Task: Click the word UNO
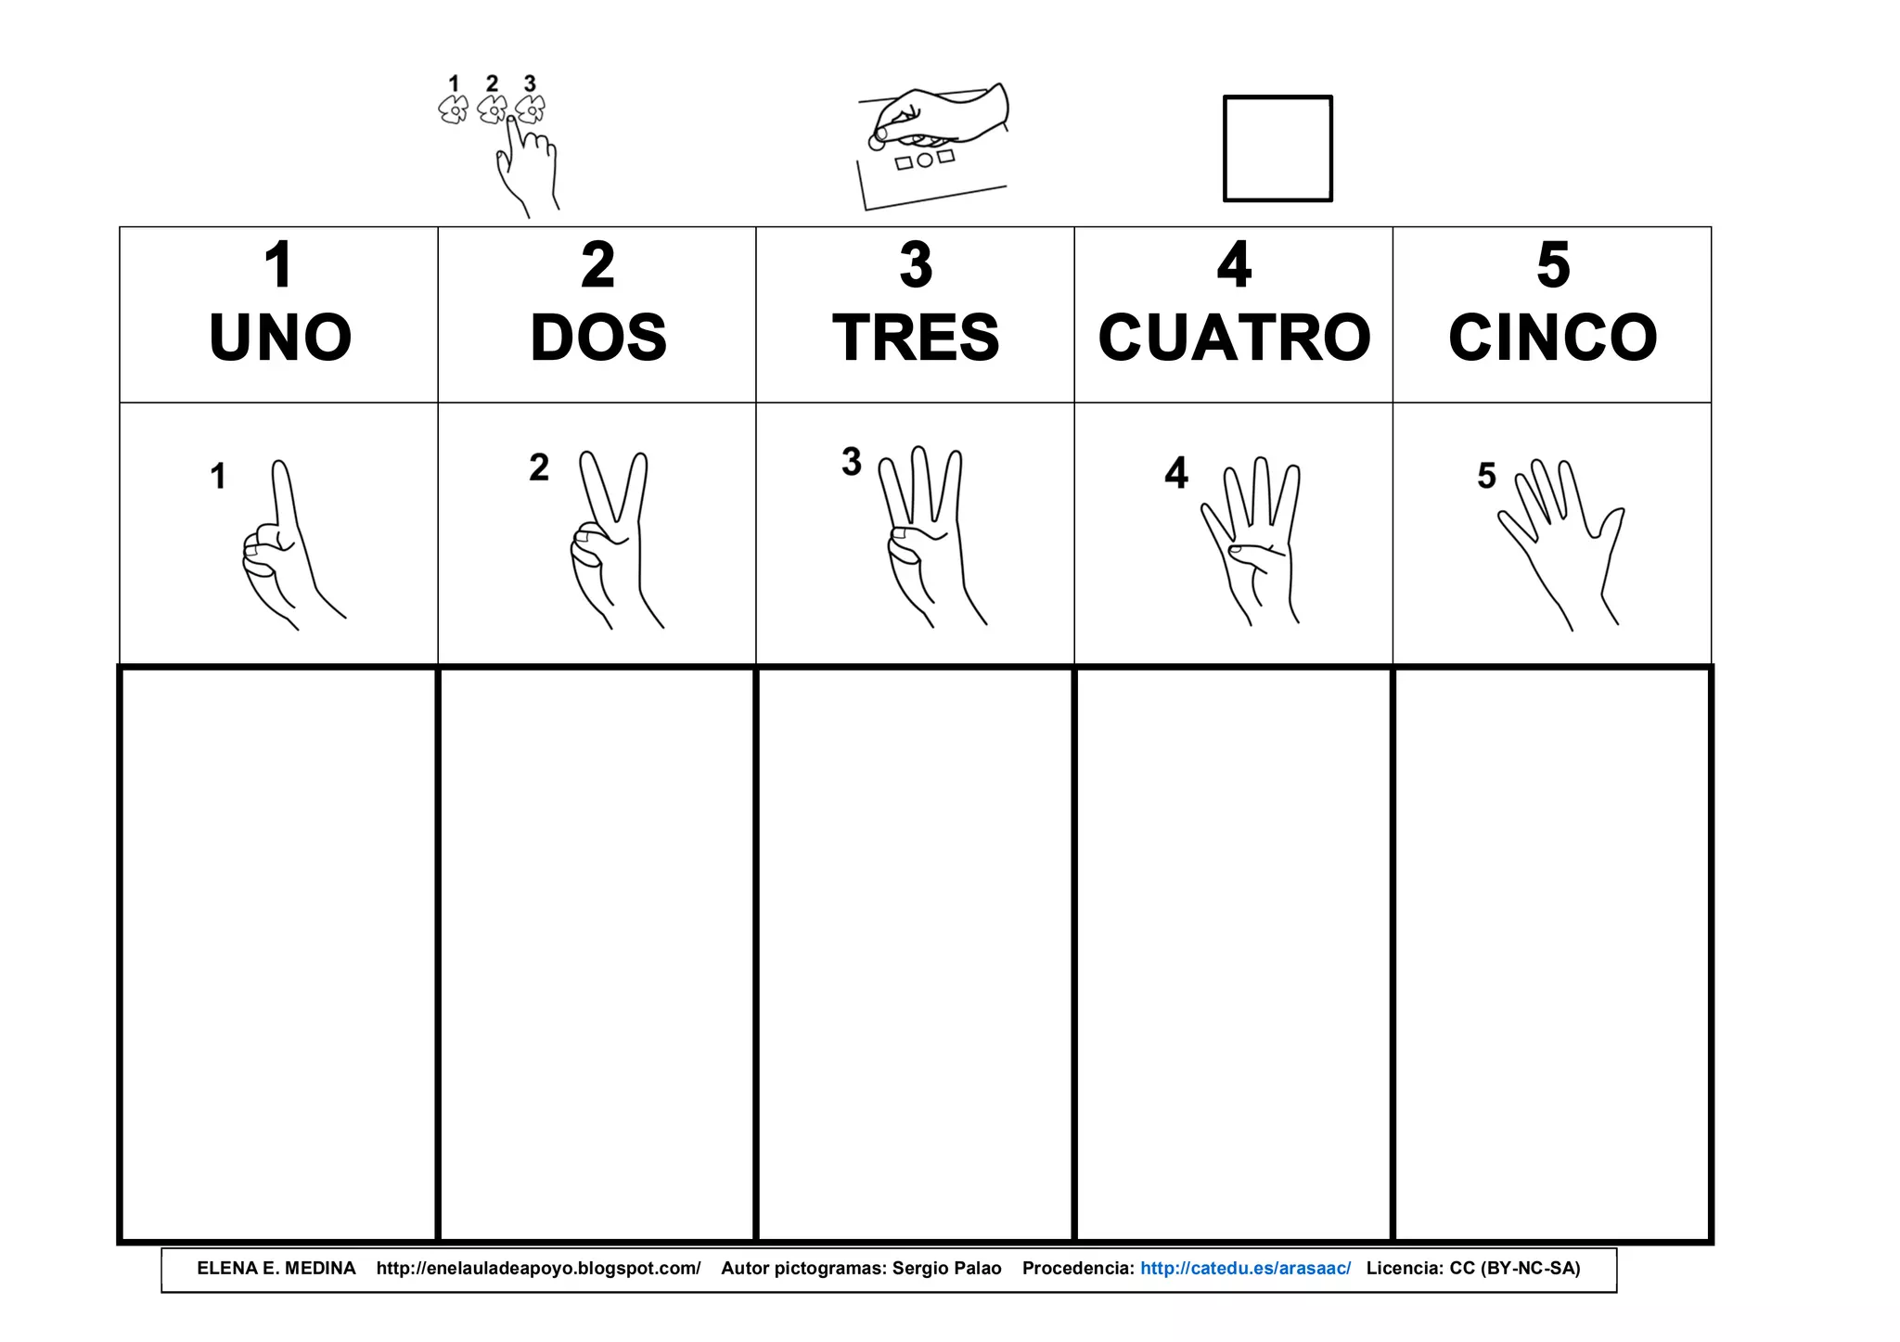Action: [x=280, y=338]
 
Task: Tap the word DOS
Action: [x=598, y=338]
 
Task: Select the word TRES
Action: [x=916, y=338]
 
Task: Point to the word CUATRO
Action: [x=1234, y=338]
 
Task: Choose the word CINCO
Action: [x=1552, y=338]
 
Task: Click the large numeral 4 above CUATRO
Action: [x=1234, y=265]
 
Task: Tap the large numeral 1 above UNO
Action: [x=279, y=265]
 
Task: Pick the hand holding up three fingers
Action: [x=928, y=538]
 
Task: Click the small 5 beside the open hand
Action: [x=1486, y=476]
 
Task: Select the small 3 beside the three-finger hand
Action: [x=852, y=462]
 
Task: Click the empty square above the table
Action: [x=1277, y=148]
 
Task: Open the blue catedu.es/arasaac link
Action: [x=1245, y=1269]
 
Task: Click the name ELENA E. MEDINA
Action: [x=276, y=1269]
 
